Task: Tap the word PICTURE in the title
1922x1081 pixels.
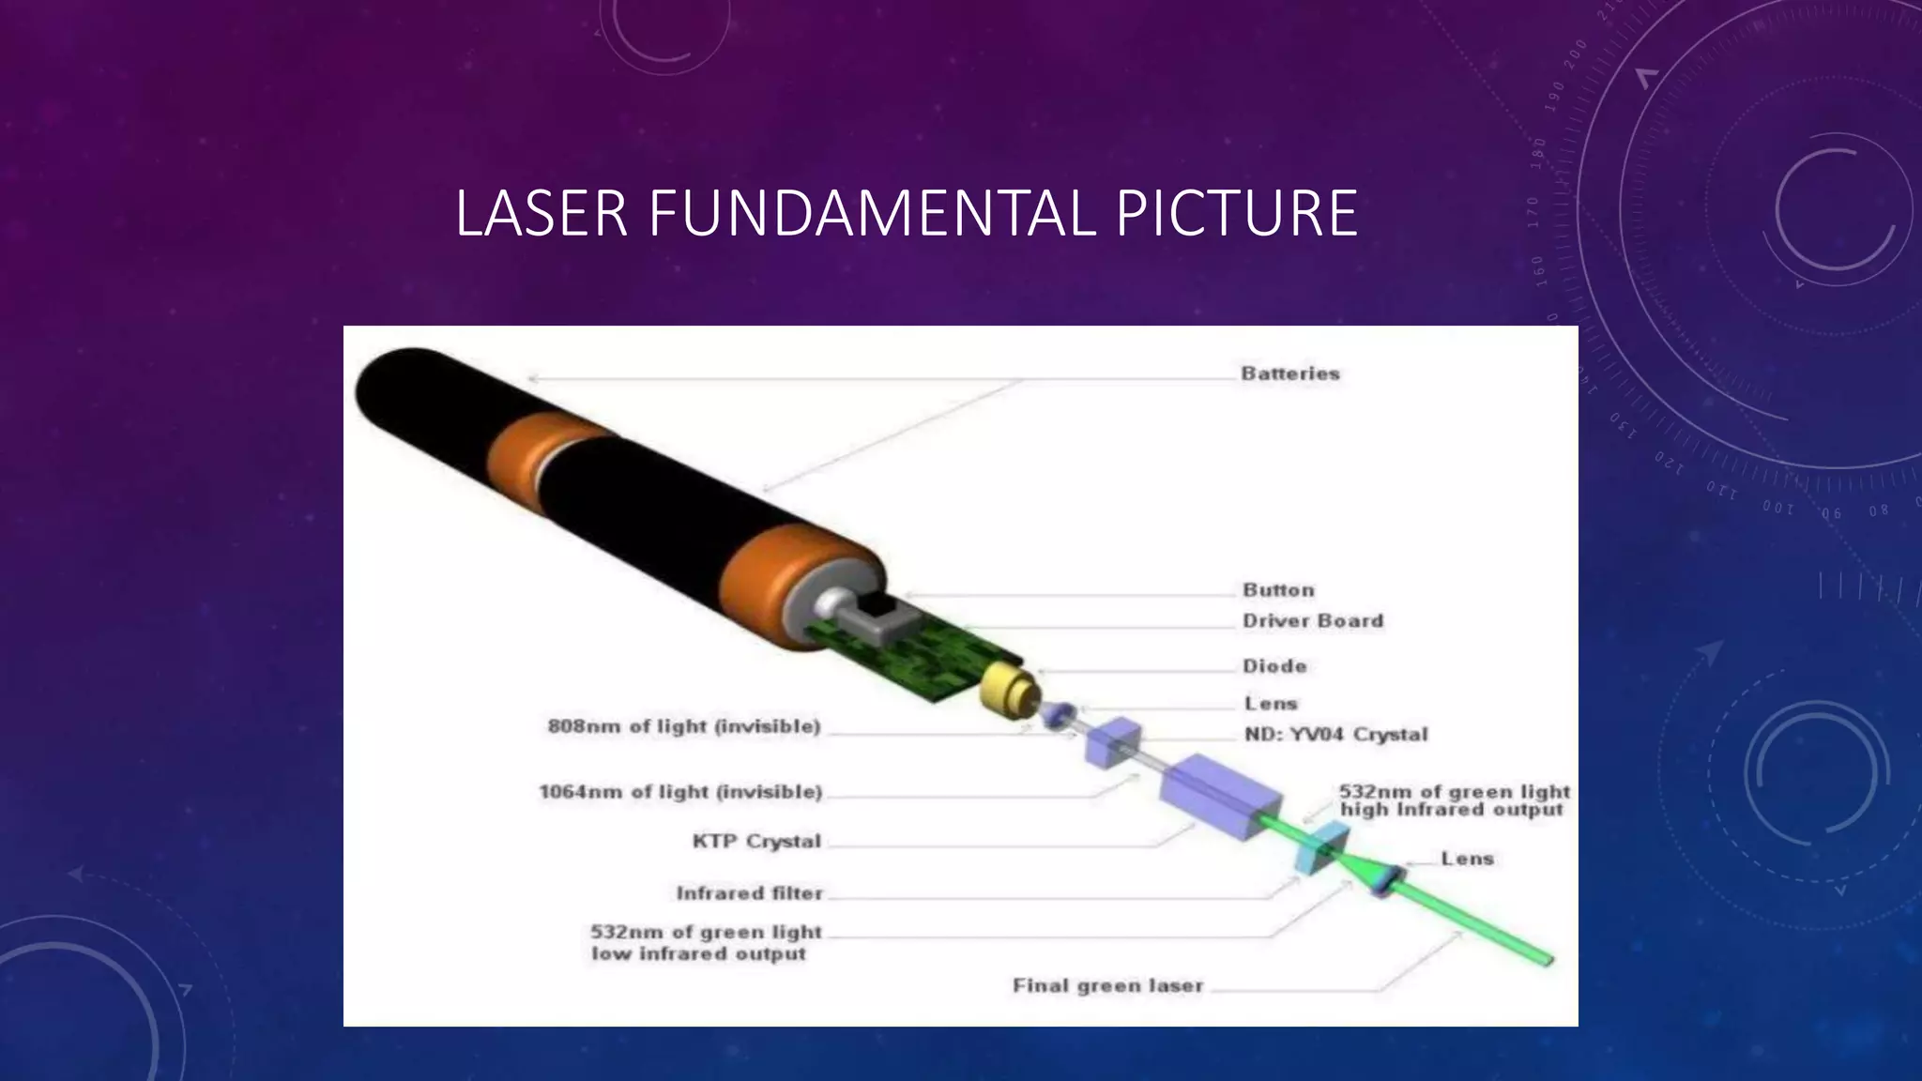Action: click(1236, 213)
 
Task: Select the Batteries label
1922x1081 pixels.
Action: click(1290, 373)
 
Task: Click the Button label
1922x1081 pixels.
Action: click(1278, 590)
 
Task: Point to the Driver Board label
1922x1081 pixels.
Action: click(1313, 621)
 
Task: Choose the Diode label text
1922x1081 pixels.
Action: click(1274, 666)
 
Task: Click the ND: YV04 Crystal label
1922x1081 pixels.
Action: click(1335, 735)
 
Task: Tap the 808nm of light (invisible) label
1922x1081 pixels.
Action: click(684, 727)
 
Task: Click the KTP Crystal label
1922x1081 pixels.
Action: click(756, 842)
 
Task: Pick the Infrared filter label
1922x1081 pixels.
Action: click(749, 893)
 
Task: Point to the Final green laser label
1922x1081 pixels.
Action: click(1107, 986)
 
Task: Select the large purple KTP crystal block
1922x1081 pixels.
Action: click(1221, 793)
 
